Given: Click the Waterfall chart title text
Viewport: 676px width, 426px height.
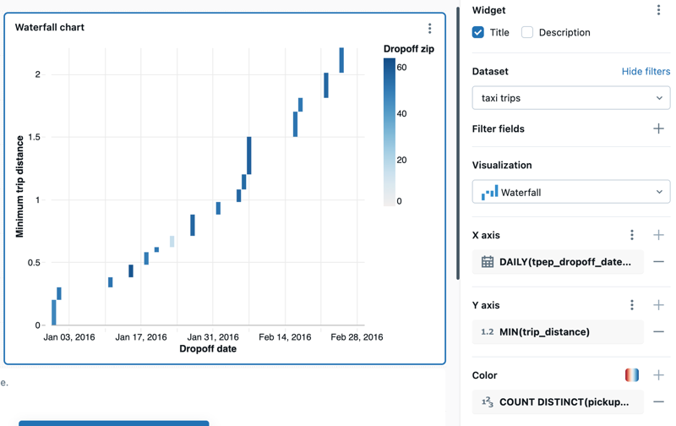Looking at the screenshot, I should (x=50, y=27).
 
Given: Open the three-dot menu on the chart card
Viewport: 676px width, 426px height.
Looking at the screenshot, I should (x=429, y=28).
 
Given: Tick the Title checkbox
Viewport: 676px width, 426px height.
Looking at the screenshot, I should (x=478, y=32).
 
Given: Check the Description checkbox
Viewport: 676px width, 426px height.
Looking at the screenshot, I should (x=527, y=32).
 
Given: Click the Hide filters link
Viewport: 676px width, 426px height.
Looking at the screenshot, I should (x=646, y=72).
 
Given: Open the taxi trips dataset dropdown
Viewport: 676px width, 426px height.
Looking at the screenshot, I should (x=571, y=98).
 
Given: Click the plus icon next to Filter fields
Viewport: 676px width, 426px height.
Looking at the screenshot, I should (x=658, y=128).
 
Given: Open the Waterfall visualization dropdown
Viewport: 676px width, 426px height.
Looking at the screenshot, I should (x=571, y=192).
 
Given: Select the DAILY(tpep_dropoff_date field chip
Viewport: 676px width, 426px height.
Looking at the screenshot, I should (x=558, y=262).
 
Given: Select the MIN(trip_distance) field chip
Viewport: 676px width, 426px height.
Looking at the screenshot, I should (x=558, y=332).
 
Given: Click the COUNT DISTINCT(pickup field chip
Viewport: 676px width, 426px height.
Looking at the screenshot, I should (x=558, y=402).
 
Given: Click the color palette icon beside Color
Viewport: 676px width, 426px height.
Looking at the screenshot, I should (x=631, y=375).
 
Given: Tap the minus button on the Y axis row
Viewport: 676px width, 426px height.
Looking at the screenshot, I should (x=658, y=332).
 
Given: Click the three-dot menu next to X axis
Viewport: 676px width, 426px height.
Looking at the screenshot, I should (x=631, y=235).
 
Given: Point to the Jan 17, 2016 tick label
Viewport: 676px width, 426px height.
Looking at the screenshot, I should (x=141, y=337).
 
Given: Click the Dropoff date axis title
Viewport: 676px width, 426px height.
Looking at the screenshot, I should (x=208, y=349).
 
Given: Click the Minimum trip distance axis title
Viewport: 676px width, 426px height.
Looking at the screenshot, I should (x=19, y=185).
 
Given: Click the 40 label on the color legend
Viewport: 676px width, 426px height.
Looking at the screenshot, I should (x=402, y=114).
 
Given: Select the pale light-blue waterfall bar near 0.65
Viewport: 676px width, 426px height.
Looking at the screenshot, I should (x=172, y=242).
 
